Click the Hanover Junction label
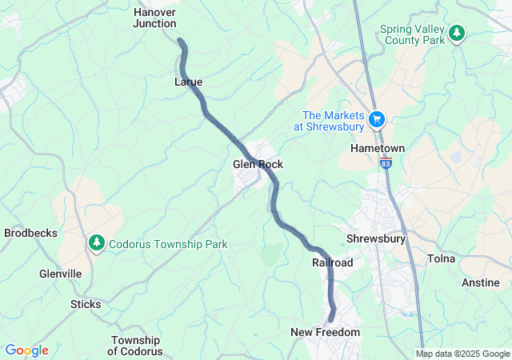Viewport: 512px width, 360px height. pos(154,18)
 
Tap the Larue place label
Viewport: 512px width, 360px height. pos(188,82)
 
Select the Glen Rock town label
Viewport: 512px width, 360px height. pos(258,164)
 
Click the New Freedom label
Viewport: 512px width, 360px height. pos(325,332)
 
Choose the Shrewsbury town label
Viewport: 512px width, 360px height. pos(376,238)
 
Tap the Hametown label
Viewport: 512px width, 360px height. pos(378,149)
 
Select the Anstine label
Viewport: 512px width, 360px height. pos(481,282)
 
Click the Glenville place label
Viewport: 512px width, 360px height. pos(61,274)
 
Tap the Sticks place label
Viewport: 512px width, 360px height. pos(86,304)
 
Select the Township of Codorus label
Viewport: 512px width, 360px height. pos(135,346)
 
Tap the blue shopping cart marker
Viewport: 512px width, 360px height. pos(378,121)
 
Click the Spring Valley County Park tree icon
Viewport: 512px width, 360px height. pos(457,33)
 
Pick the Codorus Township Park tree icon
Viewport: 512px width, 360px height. pos(97,241)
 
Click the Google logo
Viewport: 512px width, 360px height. pos(26,350)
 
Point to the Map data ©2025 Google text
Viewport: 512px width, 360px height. pos(462,354)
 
